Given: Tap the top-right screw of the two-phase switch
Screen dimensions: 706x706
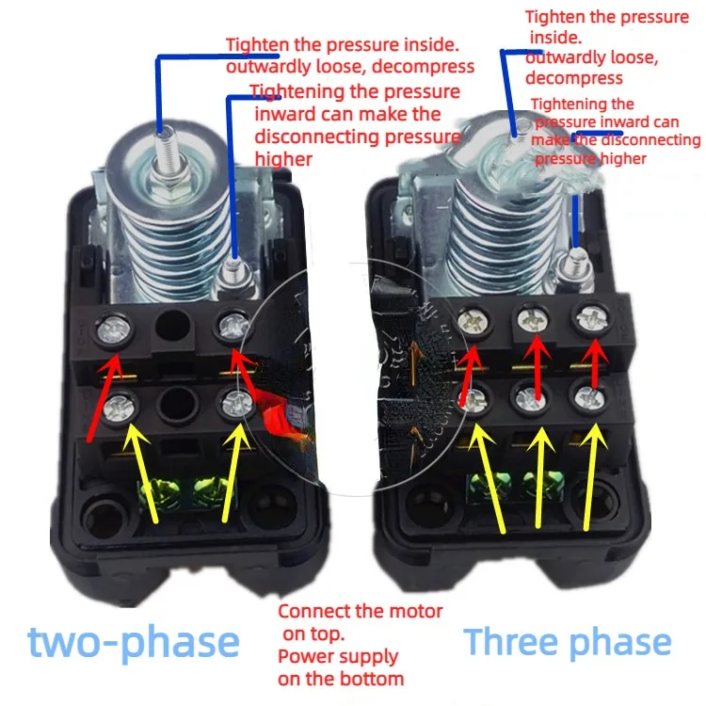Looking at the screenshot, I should pos(233,327).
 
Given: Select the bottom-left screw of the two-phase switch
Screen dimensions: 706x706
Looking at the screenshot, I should pos(119,406).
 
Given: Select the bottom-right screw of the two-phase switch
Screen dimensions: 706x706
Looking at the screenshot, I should pos(233,406).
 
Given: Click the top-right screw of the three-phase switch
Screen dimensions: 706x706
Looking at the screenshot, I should pos(590,318).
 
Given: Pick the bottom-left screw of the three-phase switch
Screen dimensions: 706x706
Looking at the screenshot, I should pos(475,399).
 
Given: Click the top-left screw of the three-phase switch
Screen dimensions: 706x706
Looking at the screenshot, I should pos(472,322).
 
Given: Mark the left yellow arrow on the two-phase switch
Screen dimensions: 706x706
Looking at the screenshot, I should pos(143,471).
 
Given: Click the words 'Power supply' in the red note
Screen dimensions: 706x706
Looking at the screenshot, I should pos(338,656).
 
